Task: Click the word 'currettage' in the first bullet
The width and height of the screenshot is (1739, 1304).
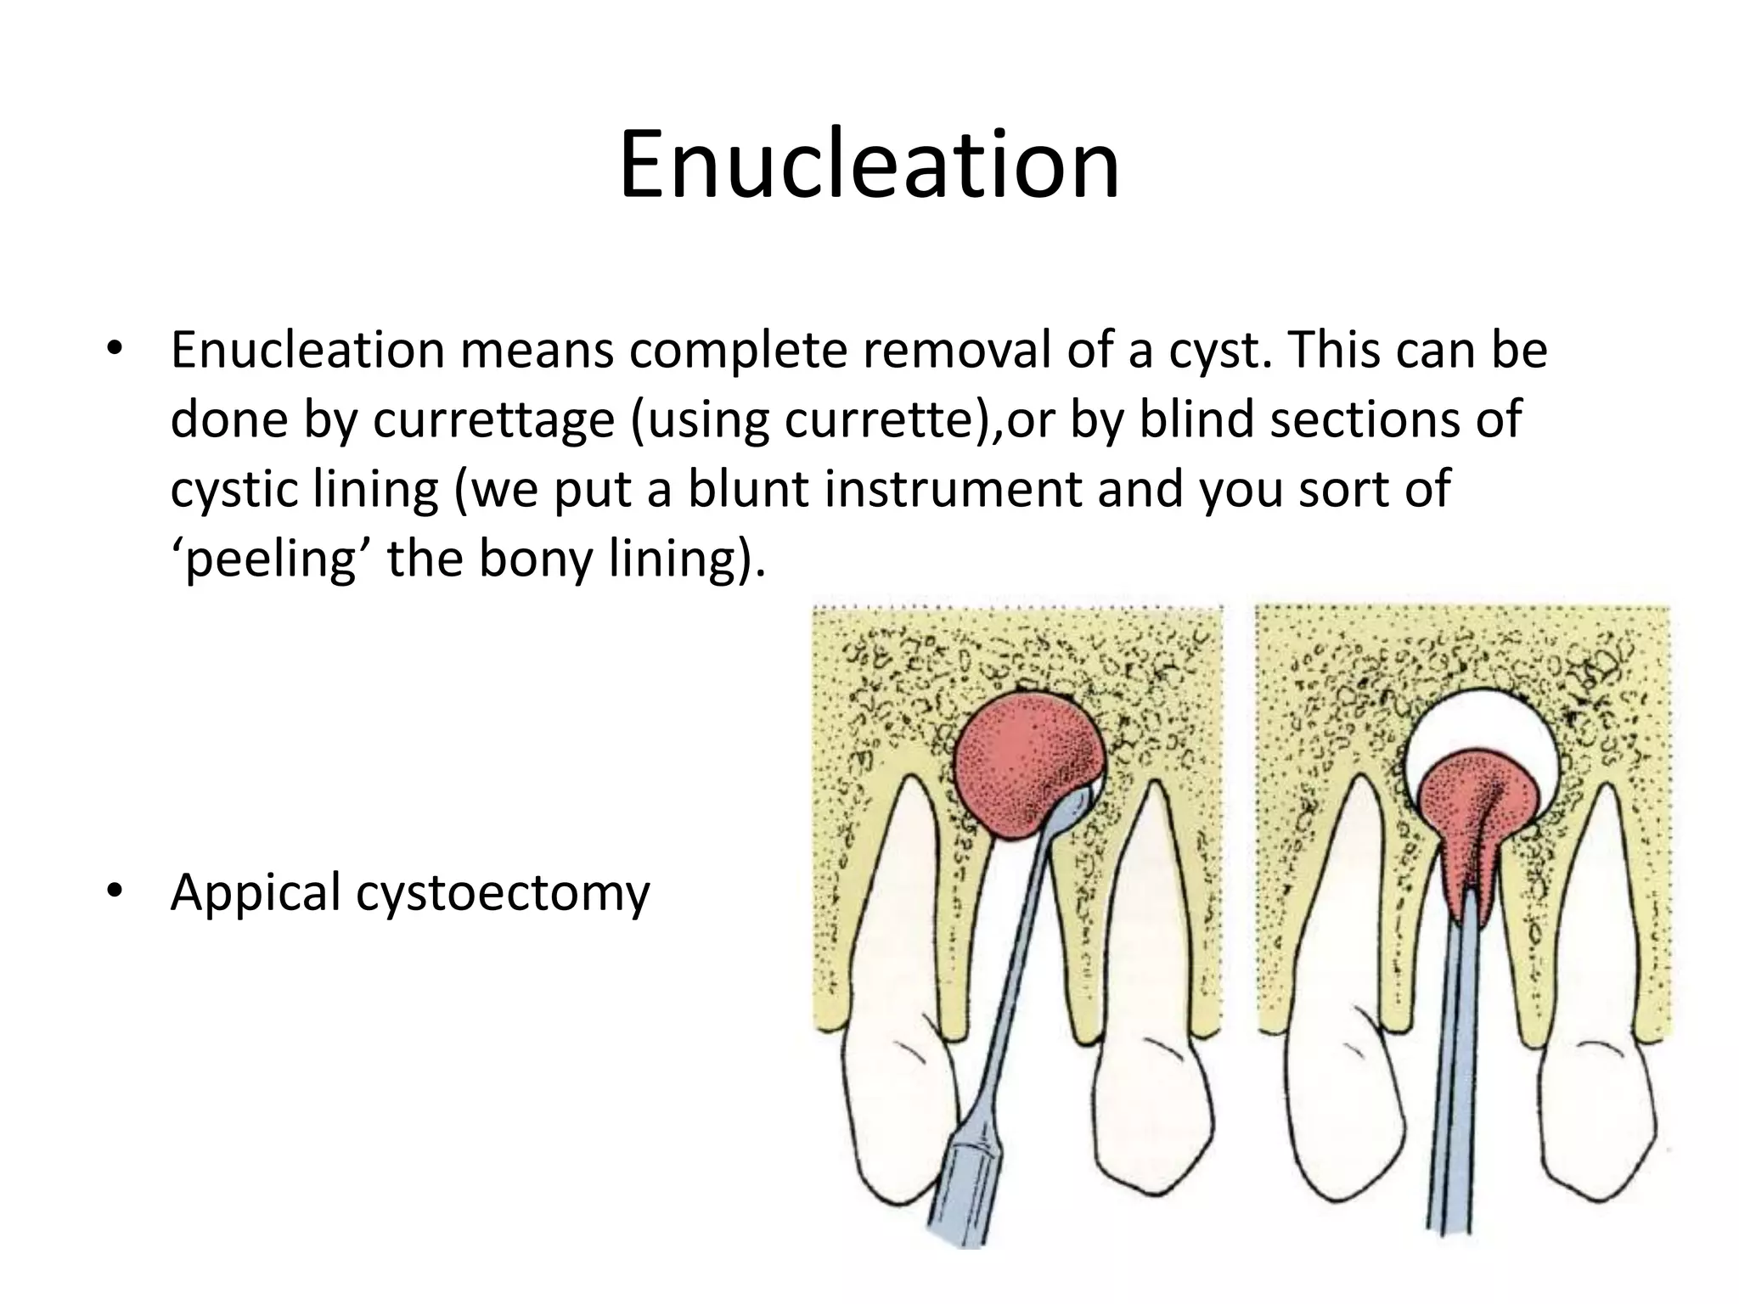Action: coord(493,419)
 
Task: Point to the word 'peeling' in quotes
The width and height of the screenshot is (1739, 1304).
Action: coord(268,559)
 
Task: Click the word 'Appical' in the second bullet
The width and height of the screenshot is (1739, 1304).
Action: coord(255,892)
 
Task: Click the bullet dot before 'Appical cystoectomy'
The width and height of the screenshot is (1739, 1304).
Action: coord(114,891)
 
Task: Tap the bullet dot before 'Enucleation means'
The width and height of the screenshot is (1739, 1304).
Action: coord(114,350)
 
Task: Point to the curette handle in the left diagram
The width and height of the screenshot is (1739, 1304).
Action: coord(968,1189)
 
